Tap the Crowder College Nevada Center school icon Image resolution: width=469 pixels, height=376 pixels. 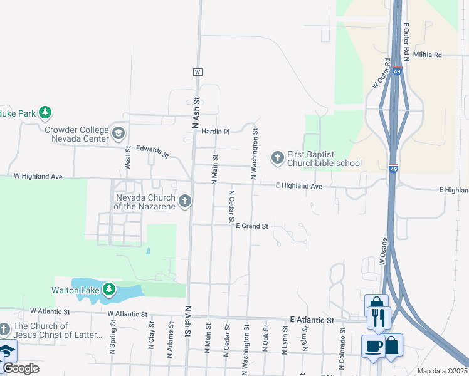point(119,133)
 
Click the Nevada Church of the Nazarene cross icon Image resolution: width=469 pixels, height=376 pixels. point(184,201)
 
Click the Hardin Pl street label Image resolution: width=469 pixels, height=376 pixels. point(216,132)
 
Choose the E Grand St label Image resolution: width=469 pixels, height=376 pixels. point(252,226)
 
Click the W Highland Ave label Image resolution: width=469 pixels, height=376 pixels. point(38,177)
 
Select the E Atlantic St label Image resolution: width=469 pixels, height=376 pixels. point(312,320)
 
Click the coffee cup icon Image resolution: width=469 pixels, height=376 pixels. point(373,347)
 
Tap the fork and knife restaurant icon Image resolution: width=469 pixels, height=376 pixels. point(379,317)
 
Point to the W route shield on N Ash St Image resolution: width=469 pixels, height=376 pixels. point(198,72)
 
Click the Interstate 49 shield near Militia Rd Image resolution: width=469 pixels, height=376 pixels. point(398,71)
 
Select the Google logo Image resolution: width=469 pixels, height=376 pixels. point(20,368)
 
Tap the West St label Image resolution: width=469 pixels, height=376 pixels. point(128,157)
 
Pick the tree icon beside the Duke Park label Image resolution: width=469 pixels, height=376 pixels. point(45,113)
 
